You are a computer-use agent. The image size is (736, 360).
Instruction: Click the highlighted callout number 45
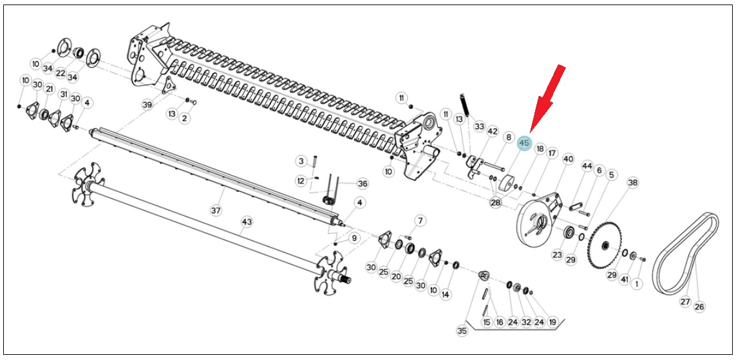524,143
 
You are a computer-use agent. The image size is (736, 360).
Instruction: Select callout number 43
247,221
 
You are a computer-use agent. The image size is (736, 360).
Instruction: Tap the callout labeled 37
216,211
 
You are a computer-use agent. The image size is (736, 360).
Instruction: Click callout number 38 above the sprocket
633,183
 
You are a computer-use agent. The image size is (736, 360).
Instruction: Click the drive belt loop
687,254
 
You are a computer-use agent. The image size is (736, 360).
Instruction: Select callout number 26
699,307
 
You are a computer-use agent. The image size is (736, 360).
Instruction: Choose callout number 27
685,302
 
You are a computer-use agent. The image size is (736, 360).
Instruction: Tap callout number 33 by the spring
479,127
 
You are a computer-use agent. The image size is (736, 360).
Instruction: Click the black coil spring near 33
464,105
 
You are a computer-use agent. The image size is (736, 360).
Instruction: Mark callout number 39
147,105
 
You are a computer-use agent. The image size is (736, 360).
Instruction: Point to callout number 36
363,184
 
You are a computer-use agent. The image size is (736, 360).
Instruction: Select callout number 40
569,160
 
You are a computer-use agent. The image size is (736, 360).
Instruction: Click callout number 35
462,331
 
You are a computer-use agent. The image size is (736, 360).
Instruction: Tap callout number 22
61,73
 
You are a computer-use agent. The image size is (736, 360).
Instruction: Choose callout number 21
50,89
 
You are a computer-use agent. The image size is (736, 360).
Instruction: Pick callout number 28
496,203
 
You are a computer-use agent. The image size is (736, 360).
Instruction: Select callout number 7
420,221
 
